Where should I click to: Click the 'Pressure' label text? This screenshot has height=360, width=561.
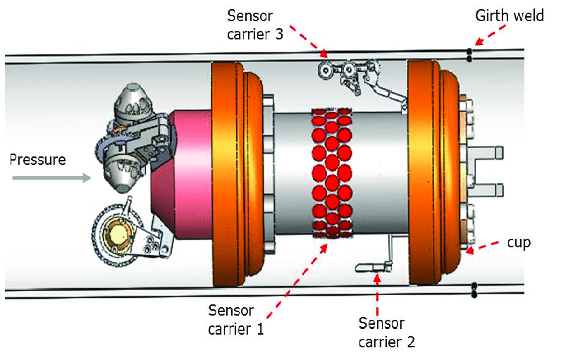click(x=37, y=159)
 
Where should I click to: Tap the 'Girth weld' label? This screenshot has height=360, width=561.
click(x=509, y=15)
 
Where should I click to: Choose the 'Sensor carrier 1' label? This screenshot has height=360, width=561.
click(x=235, y=318)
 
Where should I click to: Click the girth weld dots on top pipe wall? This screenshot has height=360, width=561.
click(x=469, y=55)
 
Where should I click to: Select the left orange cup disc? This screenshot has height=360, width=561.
click(x=229, y=173)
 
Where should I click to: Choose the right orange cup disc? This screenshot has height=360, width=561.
click(x=427, y=173)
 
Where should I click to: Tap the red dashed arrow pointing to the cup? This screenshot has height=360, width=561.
click(x=486, y=247)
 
